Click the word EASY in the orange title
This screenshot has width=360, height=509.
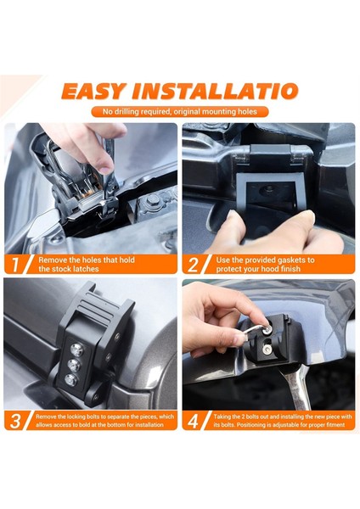(x=94, y=92)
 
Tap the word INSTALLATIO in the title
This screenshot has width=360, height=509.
(x=215, y=92)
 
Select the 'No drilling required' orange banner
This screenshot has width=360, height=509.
(x=180, y=112)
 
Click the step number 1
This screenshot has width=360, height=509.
(x=15, y=264)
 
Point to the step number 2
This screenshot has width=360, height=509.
(x=193, y=264)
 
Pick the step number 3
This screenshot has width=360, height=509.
(x=15, y=421)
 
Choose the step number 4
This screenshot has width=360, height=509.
(x=193, y=421)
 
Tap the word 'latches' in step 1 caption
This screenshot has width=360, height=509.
(x=86, y=269)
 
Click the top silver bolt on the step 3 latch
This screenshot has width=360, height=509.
(x=76, y=350)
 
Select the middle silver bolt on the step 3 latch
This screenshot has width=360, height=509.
(x=74, y=365)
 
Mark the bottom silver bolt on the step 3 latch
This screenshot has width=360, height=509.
(x=70, y=380)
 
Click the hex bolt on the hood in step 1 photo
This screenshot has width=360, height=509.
(x=152, y=199)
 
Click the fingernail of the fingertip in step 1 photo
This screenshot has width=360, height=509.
(x=105, y=169)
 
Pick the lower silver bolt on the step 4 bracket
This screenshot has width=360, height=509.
(x=267, y=349)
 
